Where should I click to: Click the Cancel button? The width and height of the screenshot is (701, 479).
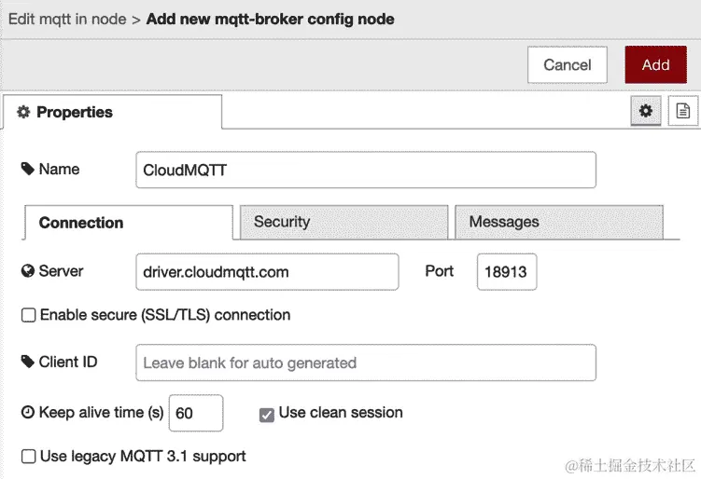[568, 64]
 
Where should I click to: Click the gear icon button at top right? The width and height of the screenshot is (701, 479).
[645, 112]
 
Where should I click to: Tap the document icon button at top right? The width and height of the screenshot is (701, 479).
[683, 112]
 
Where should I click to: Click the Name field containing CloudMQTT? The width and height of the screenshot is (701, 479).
[365, 171]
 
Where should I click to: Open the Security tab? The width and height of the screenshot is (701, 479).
[343, 223]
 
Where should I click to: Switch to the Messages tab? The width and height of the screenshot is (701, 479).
[558, 223]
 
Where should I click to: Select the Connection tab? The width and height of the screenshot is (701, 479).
[128, 223]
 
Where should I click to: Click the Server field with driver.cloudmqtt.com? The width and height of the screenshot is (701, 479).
[267, 272]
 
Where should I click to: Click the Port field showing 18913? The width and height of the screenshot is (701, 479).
[506, 272]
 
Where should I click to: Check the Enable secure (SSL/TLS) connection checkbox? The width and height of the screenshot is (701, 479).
[29, 316]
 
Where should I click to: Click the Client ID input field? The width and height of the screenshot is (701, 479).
[365, 363]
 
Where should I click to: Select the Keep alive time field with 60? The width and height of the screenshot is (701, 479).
[195, 413]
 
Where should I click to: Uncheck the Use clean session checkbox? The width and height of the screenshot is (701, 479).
[267, 414]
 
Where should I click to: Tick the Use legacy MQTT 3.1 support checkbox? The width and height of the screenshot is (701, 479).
[29, 457]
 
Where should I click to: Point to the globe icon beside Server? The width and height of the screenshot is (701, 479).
[28, 272]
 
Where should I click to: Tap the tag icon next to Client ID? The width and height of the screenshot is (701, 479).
[28, 363]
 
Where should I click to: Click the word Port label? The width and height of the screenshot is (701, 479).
[439, 271]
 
